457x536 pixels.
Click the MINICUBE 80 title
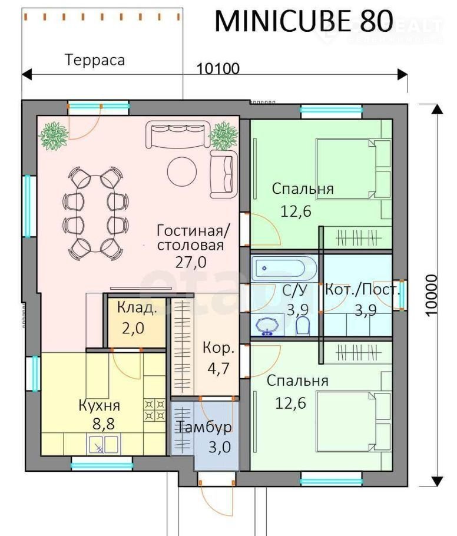(x=304, y=21)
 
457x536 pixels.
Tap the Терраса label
(x=95, y=60)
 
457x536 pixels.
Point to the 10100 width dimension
(x=218, y=69)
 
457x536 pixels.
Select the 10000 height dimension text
(x=432, y=295)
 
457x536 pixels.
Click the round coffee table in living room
(x=182, y=171)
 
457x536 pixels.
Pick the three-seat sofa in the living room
(x=178, y=134)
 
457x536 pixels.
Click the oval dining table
(x=96, y=214)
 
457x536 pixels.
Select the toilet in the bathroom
(x=303, y=326)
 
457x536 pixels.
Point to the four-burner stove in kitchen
(x=154, y=410)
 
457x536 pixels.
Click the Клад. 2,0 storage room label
(x=136, y=318)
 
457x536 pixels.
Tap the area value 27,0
(x=191, y=262)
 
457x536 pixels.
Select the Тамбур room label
(x=204, y=427)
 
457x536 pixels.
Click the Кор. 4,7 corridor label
(x=218, y=358)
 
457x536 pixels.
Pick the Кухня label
(x=100, y=405)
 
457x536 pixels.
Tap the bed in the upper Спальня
(x=353, y=168)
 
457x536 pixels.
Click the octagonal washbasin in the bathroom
(x=267, y=326)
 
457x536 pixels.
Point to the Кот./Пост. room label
(x=362, y=290)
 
